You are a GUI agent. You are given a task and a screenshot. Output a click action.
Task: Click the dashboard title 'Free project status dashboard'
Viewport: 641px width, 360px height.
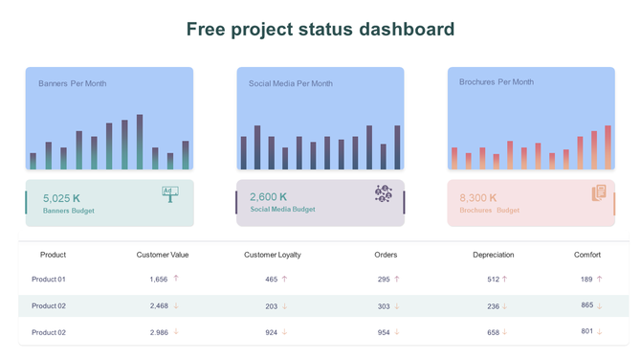point(320,30)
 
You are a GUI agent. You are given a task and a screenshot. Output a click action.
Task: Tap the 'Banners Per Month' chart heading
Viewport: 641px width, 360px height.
point(73,84)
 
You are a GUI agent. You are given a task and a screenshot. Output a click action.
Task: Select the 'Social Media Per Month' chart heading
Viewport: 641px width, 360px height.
point(291,84)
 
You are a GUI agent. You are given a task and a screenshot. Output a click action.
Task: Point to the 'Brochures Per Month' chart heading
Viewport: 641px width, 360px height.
point(497,82)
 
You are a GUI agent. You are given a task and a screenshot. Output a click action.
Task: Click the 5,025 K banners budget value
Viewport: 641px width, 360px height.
point(62,198)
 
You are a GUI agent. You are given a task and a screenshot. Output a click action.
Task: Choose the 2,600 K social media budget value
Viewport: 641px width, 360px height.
point(268,197)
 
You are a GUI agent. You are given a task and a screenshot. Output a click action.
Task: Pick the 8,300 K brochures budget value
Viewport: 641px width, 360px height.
point(480,198)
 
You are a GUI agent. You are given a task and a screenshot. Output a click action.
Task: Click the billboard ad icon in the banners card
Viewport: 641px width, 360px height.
point(170,194)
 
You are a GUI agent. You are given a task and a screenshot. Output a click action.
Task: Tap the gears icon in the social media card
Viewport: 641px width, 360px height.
point(384,193)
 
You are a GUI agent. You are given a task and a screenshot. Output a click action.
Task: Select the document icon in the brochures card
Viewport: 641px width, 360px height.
point(599,193)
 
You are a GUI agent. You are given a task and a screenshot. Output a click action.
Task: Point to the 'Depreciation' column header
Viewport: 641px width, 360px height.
point(493,255)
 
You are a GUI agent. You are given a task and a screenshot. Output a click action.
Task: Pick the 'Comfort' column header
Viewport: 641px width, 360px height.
point(587,255)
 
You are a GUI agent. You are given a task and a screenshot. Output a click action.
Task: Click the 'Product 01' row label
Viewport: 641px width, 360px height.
point(49,280)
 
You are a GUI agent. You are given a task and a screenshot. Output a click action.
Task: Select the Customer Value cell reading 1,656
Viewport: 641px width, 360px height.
point(159,280)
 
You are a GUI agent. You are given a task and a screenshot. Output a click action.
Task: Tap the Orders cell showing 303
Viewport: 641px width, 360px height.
point(384,306)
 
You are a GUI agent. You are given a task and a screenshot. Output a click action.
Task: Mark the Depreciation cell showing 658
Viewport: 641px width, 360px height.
point(493,332)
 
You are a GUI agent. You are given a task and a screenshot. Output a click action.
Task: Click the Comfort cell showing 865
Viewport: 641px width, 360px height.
point(586,305)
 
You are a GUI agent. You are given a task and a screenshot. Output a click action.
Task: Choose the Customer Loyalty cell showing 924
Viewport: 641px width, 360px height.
point(272,332)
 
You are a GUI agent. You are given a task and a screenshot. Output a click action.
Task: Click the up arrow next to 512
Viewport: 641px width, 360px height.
point(505,280)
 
